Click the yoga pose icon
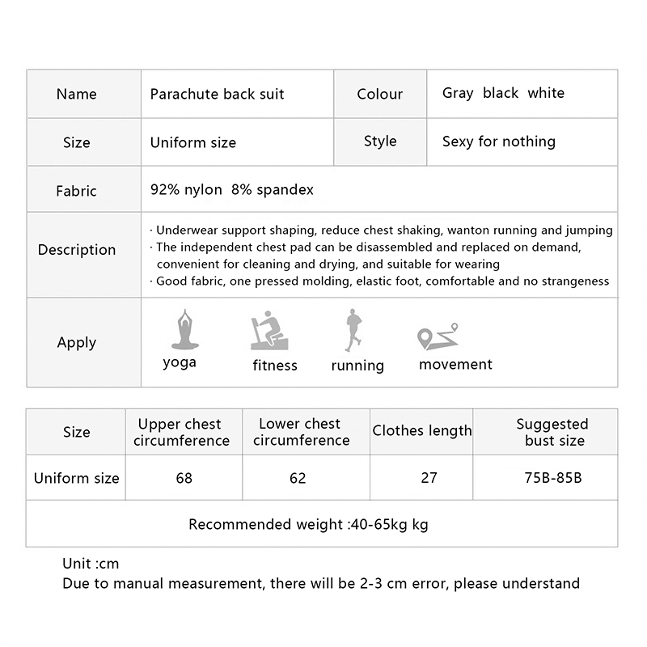click(x=184, y=329)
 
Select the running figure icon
click(x=352, y=330)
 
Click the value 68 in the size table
click(x=184, y=478)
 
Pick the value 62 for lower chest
click(x=298, y=478)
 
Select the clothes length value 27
click(x=429, y=478)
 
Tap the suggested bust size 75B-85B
click(x=553, y=478)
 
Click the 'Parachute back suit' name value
click(x=217, y=94)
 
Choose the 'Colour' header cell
click(x=379, y=95)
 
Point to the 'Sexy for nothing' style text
click(x=498, y=142)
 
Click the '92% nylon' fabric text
click(x=186, y=190)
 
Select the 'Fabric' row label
click(x=76, y=191)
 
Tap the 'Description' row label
click(x=77, y=250)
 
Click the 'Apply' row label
click(x=77, y=343)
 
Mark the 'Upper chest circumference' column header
click(x=181, y=433)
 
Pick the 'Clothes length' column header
click(x=421, y=431)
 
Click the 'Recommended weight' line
click(x=308, y=525)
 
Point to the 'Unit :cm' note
click(x=91, y=564)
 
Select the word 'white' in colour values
click(x=546, y=93)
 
